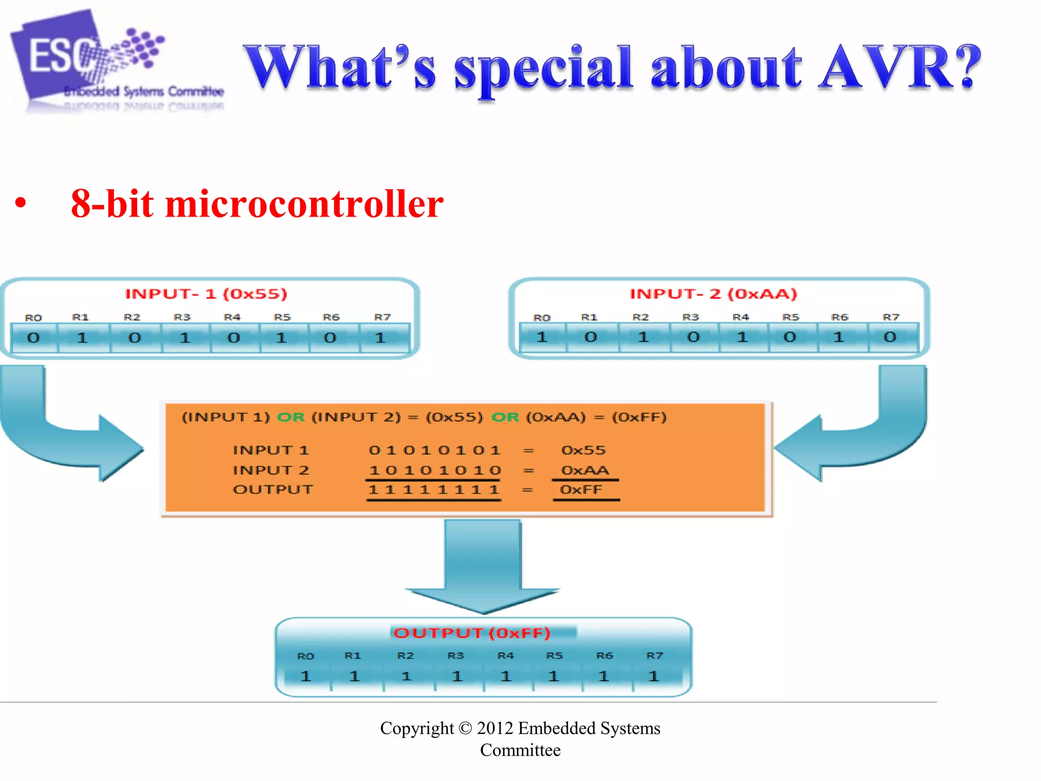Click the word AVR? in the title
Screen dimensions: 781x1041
point(900,67)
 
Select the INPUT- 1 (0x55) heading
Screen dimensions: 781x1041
point(206,294)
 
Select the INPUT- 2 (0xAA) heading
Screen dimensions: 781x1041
point(713,294)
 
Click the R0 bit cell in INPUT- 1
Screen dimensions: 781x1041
point(34,338)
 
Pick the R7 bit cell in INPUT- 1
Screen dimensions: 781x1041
point(380,338)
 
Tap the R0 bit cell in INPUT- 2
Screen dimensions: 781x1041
point(542,337)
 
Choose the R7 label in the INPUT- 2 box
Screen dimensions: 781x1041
point(891,317)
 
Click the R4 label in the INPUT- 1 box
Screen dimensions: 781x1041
point(232,317)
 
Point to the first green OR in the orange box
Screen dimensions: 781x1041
point(291,417)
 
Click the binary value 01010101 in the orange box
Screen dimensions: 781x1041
point(435,450)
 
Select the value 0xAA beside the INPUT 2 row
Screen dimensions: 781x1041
point(585,470)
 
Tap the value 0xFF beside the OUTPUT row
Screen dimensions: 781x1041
point(581,490)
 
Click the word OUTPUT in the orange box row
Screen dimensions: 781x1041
point(273,490)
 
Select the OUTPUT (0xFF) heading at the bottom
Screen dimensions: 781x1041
point(472,633)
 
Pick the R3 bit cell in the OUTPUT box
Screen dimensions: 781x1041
point(457,676)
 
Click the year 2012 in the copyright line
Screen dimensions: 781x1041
point(495,728)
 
